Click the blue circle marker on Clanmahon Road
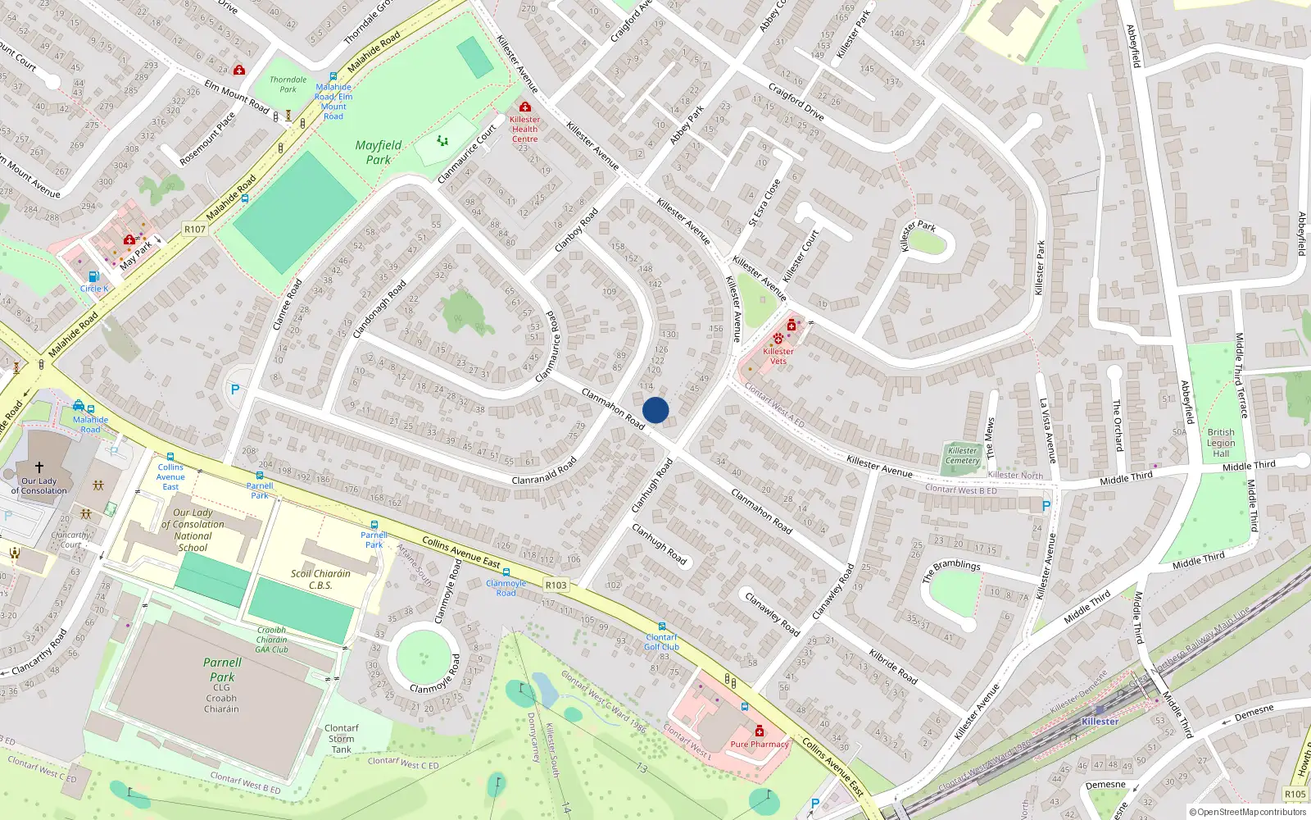[x=655, y=410]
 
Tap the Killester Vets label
[x=778, y=356]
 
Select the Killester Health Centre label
[x=524, y=130]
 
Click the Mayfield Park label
[x=379, y=153]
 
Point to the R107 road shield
[x=194, y=230]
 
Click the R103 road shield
[x=556, y=585]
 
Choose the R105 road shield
[x=1295, y=794]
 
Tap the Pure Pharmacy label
[x=759, y=745]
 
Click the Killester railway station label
[x=1100, y=722]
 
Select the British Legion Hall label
[x=1221, y=443]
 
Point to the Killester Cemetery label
[x=963, y=455]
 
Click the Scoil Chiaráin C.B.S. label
[x=320, y=579]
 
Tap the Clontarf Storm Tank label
[x=342, y=738]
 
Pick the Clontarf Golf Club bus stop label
[x=661, y=641]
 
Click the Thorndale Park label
[x=288, y=84]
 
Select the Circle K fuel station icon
[x=93, y=277]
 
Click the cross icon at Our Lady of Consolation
[x=39, y=467]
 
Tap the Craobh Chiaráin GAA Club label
[x=272, y=640]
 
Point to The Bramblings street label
[x=951, y=571]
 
